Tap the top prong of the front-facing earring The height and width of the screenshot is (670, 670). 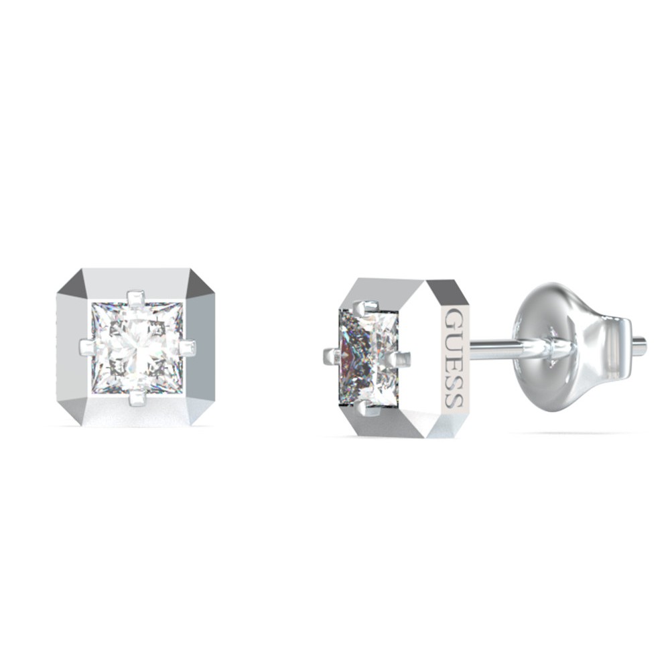click(136, 299)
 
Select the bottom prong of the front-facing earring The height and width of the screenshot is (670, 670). click(137, 397)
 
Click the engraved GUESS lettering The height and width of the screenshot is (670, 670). click(454, 357)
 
